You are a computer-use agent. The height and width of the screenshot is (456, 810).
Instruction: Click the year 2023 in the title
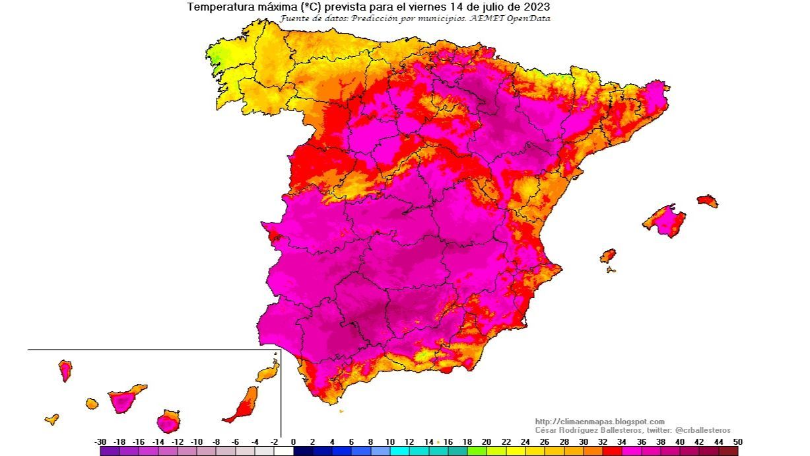coord(537,7)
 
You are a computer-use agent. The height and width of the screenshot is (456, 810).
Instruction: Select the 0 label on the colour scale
coord(294,441)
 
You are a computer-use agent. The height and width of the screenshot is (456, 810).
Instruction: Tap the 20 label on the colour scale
coord(487,441)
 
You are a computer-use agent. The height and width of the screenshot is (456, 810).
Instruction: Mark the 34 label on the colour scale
coord(622,441)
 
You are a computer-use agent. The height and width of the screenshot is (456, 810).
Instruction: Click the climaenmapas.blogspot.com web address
coord(599,422)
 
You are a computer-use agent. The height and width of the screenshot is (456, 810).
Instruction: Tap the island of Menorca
coord(707,200)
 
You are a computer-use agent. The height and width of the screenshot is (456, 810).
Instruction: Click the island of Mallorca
coord(665,220)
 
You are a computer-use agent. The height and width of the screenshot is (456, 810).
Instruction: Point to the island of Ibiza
coord(607,255)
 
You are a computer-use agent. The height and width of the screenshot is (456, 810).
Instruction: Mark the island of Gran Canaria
coord(168,420)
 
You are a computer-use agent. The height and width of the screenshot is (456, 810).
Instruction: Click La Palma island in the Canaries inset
coord(65,369)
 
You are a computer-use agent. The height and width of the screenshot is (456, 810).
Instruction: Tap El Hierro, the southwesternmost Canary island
coord(51,419)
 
